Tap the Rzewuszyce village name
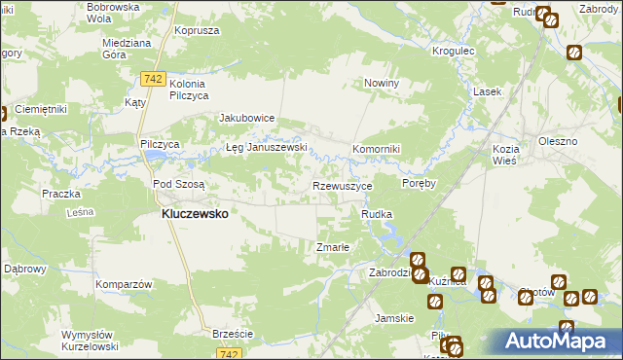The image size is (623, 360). point(341,185)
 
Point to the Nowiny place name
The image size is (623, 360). point(383,84)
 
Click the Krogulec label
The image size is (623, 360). point(454,50)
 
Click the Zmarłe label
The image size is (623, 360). point(333,247)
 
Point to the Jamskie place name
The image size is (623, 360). point(395,318)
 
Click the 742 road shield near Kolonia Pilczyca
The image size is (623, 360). point(151,76)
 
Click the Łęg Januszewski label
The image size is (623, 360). point(267,148)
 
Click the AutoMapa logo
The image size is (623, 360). point(561,341)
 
